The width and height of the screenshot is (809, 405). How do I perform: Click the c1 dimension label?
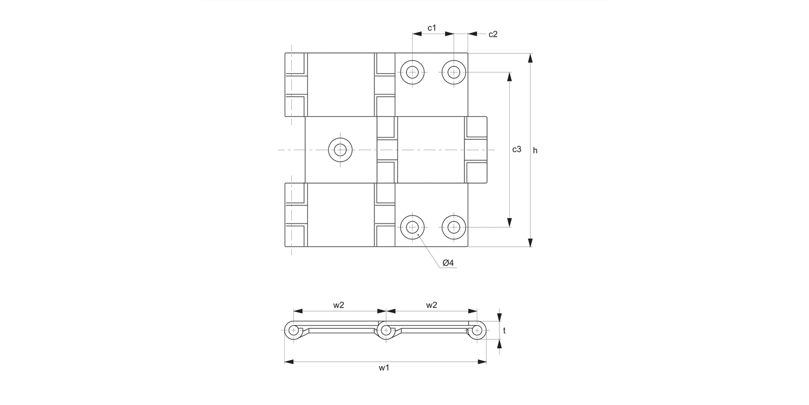431,27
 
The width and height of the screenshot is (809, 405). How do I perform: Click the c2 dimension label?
493,34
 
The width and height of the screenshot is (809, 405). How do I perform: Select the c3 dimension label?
517,150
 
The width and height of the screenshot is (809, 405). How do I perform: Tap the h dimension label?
535,150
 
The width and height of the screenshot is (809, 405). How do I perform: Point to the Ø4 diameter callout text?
448,262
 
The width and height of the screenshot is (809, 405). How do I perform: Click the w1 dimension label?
384,368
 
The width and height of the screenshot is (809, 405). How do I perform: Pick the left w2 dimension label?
338,305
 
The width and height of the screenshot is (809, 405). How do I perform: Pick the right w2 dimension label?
431,305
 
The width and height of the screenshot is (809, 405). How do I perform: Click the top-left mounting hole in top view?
413,72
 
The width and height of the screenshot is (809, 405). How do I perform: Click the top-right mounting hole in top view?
454,72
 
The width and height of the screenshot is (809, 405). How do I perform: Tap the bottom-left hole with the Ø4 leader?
413,227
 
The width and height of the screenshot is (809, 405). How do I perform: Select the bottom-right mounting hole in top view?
454,227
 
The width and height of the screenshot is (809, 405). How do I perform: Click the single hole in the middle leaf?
340,150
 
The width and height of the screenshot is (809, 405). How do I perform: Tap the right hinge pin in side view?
477,330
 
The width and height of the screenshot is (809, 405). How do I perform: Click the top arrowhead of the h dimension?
530,58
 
